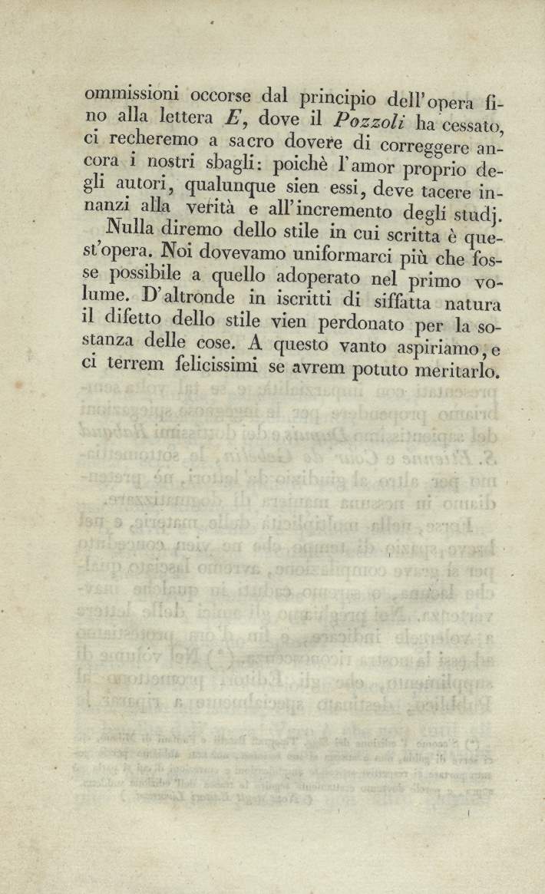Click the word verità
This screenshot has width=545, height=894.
[x=219, y=208]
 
